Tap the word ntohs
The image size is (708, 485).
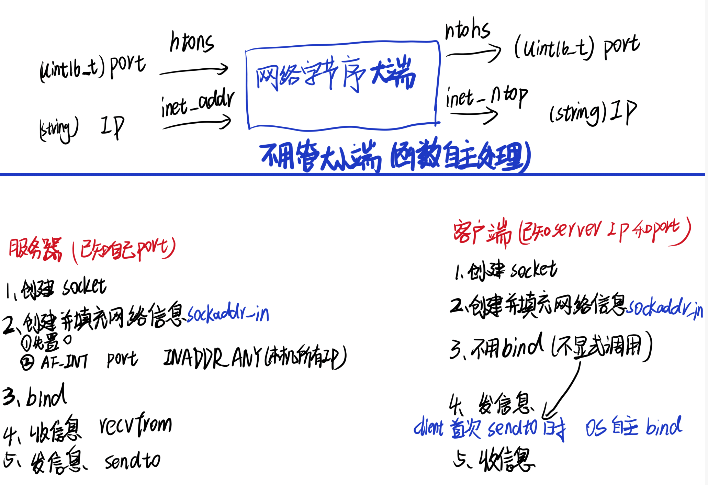(467, 29)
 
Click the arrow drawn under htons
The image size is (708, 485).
(194, 70)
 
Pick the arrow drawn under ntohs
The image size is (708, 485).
(473, 53)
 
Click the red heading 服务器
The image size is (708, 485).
(35, 249)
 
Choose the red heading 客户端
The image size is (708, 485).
(482, 232)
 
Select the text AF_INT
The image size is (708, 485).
(64, 361)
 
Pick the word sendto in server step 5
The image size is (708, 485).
(132, 461)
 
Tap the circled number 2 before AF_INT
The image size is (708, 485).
(27, 362)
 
